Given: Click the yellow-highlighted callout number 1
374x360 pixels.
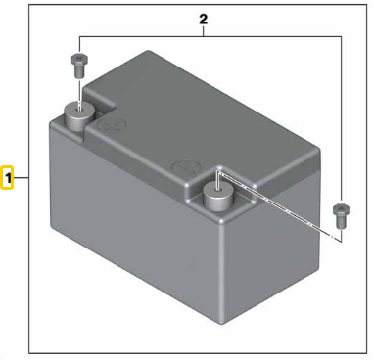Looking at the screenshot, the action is point(7,178).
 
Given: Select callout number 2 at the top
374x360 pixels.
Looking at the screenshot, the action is point(204,20).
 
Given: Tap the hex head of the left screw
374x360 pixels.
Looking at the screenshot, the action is point(79,59).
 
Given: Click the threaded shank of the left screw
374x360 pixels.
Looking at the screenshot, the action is point(79,71).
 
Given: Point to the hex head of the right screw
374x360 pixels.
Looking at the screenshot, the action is point(341,210).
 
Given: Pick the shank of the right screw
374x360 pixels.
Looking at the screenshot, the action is point(341,223).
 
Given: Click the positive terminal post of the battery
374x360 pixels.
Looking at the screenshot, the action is point(78,116).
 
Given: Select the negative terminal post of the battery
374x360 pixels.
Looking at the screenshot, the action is point(217,197).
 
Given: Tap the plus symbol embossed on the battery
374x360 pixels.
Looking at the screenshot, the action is point(113,125).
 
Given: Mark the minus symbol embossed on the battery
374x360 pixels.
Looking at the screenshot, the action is point(186,167).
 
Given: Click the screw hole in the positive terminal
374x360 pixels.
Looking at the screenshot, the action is point(78,109).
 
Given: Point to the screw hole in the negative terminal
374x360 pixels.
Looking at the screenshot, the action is point(217,189).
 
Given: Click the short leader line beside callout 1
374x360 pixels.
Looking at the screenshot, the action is point(22,178).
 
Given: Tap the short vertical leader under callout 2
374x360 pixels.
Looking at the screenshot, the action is point(204,31).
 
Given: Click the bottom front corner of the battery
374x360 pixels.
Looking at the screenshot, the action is point(220,323).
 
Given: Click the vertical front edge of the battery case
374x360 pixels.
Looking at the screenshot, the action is point(221,271).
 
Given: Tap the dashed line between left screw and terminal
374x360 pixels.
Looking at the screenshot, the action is point(79,93).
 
